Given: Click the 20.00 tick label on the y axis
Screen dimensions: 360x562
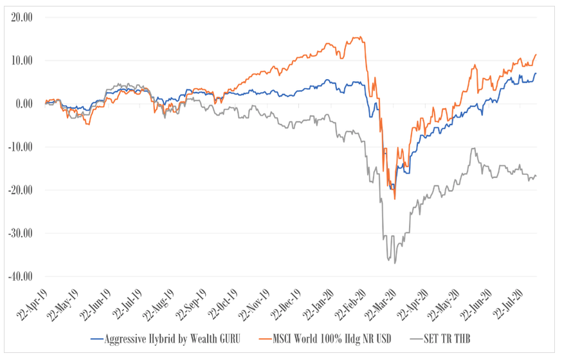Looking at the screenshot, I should click(x=22, y=17).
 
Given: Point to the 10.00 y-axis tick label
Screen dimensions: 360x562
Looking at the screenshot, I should click(x=22, y=60).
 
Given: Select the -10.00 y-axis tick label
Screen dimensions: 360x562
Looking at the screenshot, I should click(x=21, y=147).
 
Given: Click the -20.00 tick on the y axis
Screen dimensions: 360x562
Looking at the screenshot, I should click(x=21, y=190).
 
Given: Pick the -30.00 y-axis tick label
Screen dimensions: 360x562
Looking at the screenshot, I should click(x=21, y=233).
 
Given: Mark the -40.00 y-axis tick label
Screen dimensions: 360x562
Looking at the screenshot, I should click(x=21, y=276).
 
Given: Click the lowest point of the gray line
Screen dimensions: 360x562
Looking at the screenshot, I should click(x=395, y=264).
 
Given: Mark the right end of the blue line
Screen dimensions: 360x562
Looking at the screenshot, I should click(x=536, y=74).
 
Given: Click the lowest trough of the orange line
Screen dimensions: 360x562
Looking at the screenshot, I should click(x=395, y=199).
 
